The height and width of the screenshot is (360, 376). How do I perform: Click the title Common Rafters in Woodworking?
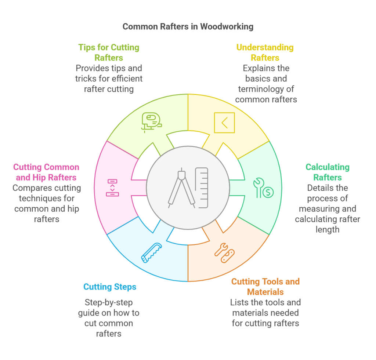click(188, 26)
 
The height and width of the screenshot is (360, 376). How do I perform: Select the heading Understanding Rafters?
click(265, 52)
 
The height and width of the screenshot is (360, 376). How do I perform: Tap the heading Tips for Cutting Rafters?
click(109, 52)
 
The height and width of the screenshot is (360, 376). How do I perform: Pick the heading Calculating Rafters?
click(327, 172)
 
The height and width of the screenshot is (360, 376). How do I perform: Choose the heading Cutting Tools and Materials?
click(265, 287)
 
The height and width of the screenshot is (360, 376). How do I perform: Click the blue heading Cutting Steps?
click(110, 287)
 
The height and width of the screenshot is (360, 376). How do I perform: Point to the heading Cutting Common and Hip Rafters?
click(46, 172)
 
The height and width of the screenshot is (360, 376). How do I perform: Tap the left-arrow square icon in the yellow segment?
click(224, 123)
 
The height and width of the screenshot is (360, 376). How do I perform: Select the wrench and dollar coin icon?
click(263, 188)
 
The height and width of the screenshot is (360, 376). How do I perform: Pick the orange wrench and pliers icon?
click(225, 253)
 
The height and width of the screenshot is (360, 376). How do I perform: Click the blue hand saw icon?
click(151, 253)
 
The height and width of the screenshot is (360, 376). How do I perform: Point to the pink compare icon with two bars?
click(112, 188)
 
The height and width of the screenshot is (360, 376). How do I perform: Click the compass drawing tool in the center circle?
click(181, 188)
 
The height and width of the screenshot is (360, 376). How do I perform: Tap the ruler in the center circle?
click(202, 188)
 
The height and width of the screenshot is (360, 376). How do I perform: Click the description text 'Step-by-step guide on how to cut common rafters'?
click(109, 318)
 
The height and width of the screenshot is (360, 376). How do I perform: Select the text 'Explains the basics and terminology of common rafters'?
click(266, 84)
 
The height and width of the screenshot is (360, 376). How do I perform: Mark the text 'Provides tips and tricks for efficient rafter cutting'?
click(109, 79)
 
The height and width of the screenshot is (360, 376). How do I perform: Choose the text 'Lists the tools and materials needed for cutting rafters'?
click(265, 313)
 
